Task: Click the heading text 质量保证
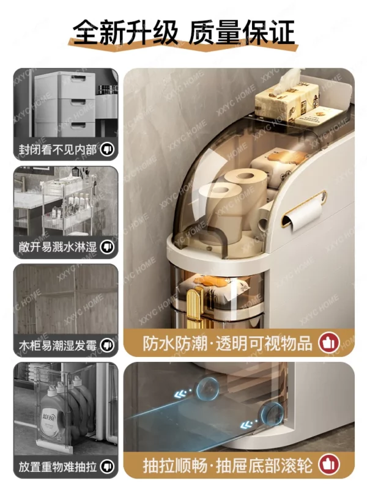242,32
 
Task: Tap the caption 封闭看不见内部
57,150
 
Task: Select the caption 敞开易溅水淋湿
57,247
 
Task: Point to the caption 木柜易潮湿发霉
57,345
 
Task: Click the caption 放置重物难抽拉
57,466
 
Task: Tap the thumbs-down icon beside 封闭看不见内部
107,150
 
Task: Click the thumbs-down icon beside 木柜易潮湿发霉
107,345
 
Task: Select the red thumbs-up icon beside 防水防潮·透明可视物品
329,343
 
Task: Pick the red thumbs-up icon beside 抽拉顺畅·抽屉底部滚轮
329,465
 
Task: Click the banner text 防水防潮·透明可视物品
228,344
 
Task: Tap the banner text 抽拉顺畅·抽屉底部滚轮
228,465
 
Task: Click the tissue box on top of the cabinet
286,96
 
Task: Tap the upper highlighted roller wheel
207,388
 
